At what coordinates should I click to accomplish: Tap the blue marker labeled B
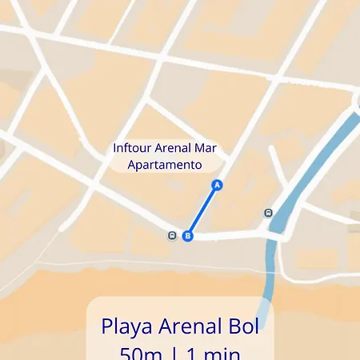pyautogui.click(x=188, y=236)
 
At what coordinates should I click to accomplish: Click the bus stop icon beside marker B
pyautogui.click(x=172, y=235)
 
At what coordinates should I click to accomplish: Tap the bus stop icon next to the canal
pyautogui.click(x=268, y=213)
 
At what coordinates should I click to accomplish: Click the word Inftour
pyautogui.click(x=132, y=149)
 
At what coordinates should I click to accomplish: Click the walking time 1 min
pyautogui.click(x=212, y=353)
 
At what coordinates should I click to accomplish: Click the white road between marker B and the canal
pyautogui.click(x=232, y=235)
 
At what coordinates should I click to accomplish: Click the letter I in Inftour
pyautogui.click(x=115, y=149)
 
